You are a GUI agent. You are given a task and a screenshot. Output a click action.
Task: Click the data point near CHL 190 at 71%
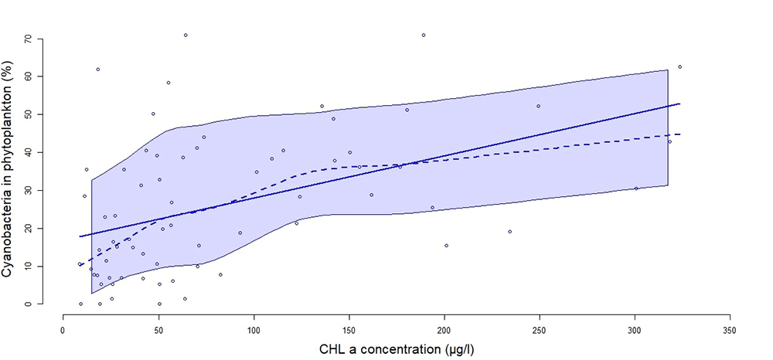pyautogui.click(x=424, y=35)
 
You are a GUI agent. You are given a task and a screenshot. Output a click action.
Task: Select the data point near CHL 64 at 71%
pyautogui.click(x=186, y=35)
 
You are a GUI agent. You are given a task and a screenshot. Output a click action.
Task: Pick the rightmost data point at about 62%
pyautogui.click(x=679, y=66)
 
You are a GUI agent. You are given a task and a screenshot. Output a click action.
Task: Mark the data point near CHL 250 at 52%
pyautogui.click(x=538, y=106)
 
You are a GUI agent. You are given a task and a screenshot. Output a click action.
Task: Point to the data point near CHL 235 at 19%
pyautogui.click(x=509, y=232)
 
